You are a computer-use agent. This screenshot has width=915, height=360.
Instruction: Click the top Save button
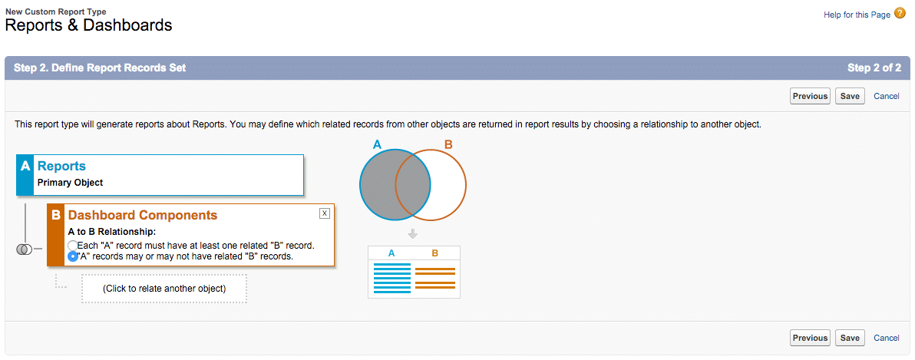coord(850,96)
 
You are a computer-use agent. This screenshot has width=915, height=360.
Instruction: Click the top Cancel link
coord(887,96)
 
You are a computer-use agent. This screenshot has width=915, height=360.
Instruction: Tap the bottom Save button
coord(850,338)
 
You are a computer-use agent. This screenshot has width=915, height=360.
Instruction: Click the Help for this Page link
coord(857,15)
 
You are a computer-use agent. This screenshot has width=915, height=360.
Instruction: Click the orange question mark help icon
coord(900,14)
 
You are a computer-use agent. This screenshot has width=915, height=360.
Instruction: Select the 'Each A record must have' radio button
coord(73,246)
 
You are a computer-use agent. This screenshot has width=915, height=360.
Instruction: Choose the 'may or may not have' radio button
coord(73,256)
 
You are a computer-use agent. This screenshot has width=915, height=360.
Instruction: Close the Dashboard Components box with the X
coord(325,213)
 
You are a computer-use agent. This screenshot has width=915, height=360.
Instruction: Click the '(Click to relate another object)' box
coord(164,289)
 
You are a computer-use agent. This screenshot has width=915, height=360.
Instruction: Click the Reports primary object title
coord(61,166)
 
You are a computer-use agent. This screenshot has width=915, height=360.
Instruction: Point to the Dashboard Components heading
coord(143,215)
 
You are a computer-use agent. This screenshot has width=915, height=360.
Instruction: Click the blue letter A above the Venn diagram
coord(377,144)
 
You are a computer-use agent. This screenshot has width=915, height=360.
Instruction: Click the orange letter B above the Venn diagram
coord(448,144)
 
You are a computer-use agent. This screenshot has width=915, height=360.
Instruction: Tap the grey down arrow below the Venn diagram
coord(413,233)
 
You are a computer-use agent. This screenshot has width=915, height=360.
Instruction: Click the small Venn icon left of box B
coord(24,249)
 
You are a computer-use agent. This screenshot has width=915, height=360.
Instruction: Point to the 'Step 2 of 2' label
coord(874,68)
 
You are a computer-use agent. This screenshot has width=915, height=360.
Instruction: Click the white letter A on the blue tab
coord(25,166)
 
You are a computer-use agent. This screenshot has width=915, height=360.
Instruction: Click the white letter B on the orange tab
coord(56,216)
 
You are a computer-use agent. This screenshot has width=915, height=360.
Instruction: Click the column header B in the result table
coord(435,253)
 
